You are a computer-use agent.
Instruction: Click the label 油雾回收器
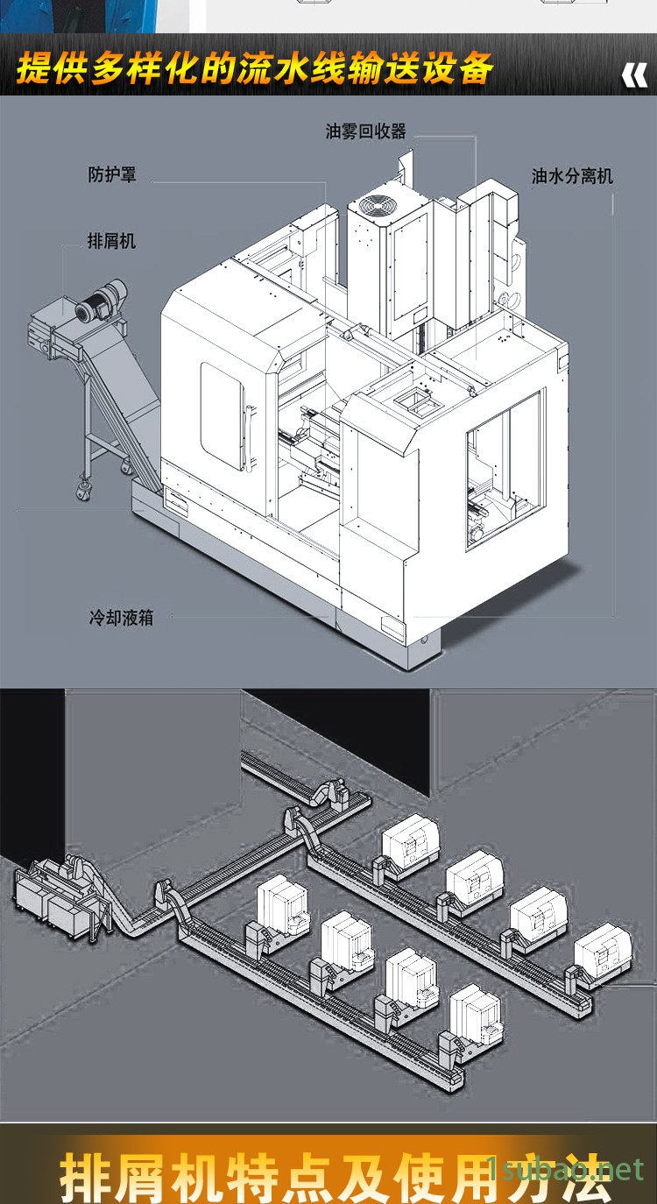pyautogui.click(x=366, y=132)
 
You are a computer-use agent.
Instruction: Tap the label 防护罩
pyautogui.click(x=112, y=174)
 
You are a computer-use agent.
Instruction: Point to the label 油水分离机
pyautogui.click(x=572, y=176)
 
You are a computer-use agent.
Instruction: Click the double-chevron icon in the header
pyautogui.click(x=634, y=76)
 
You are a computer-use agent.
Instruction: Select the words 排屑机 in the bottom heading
pyautogui.click(x=128, y=1177)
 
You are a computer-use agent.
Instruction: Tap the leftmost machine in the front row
pyautogui.click(x=279, y=903)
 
